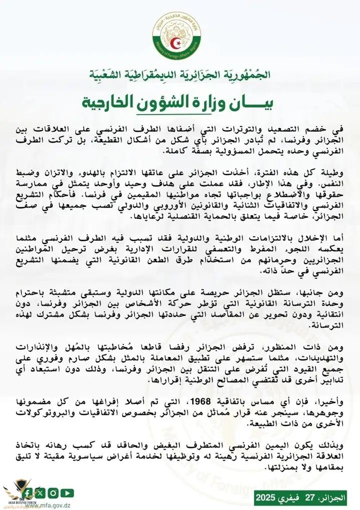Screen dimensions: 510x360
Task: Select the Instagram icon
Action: (x=53, y=493)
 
